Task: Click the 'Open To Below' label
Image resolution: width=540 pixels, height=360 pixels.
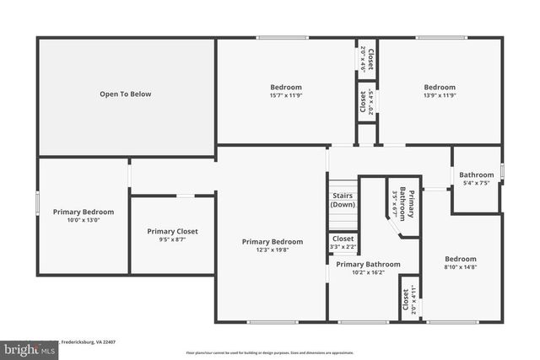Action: point(125,94)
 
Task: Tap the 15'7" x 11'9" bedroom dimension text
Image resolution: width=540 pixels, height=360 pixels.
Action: point(285,95)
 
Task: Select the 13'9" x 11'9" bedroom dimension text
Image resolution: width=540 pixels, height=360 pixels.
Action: point(439,95)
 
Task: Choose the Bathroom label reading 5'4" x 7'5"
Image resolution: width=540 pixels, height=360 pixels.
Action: point(475,179)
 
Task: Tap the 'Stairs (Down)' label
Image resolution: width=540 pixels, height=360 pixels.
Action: point(343,200)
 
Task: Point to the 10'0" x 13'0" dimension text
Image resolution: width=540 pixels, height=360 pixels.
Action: point(84,220)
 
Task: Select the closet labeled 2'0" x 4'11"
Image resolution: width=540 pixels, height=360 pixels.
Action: point(410,299)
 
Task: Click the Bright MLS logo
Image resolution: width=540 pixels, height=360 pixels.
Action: point(26,347)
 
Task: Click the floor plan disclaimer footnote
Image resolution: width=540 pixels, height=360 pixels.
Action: point(269,352)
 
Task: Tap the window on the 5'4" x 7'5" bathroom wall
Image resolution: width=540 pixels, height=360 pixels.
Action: point(502,171)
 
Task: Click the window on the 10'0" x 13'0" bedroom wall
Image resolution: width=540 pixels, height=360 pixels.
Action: point(37,207)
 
